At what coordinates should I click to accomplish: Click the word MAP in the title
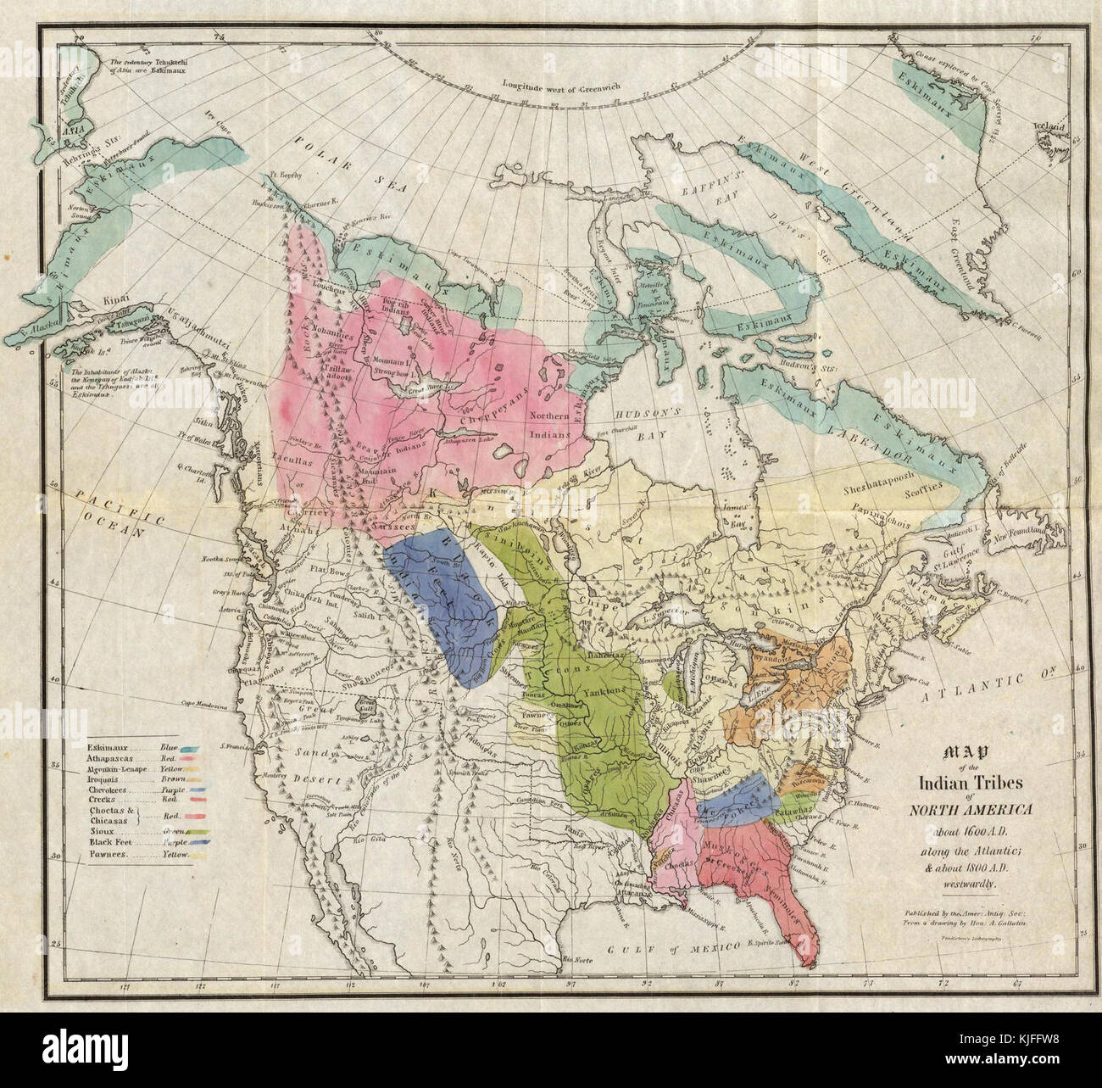pyautogui.click(x=964, y=751)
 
